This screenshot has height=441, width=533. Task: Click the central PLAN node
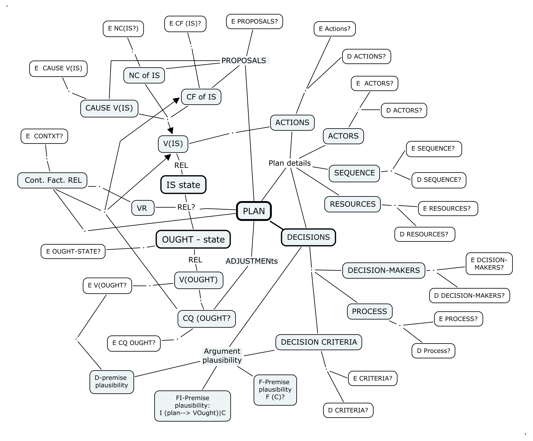[x=254, y=211]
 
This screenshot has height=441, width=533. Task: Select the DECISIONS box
[x=308, y=237]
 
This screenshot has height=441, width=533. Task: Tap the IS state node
[x=183, y=185]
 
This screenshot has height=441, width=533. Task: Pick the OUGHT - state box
[x=193, y=239]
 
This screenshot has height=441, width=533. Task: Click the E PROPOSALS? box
[x=254, y=22]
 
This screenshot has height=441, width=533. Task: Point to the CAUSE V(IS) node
[x=109, y=108]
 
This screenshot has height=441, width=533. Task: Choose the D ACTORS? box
[x=404, y=110]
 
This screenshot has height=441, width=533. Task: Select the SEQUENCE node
[x=354, y=173]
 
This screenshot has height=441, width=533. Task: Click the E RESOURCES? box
[x=448, y=209]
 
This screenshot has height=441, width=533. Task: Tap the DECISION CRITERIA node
[x=319, y=342]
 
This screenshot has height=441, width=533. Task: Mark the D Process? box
[x=433, y=351]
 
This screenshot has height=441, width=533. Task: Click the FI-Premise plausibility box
[x=192, y=405]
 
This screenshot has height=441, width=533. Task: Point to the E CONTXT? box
[x=44, y=136]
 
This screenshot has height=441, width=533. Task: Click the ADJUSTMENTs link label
[x=252, y=261]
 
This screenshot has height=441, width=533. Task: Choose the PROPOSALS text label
[x=244, y=61]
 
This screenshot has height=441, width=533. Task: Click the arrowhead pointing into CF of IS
[x=176, y=100]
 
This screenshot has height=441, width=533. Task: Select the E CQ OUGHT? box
[x=134, y=343]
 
